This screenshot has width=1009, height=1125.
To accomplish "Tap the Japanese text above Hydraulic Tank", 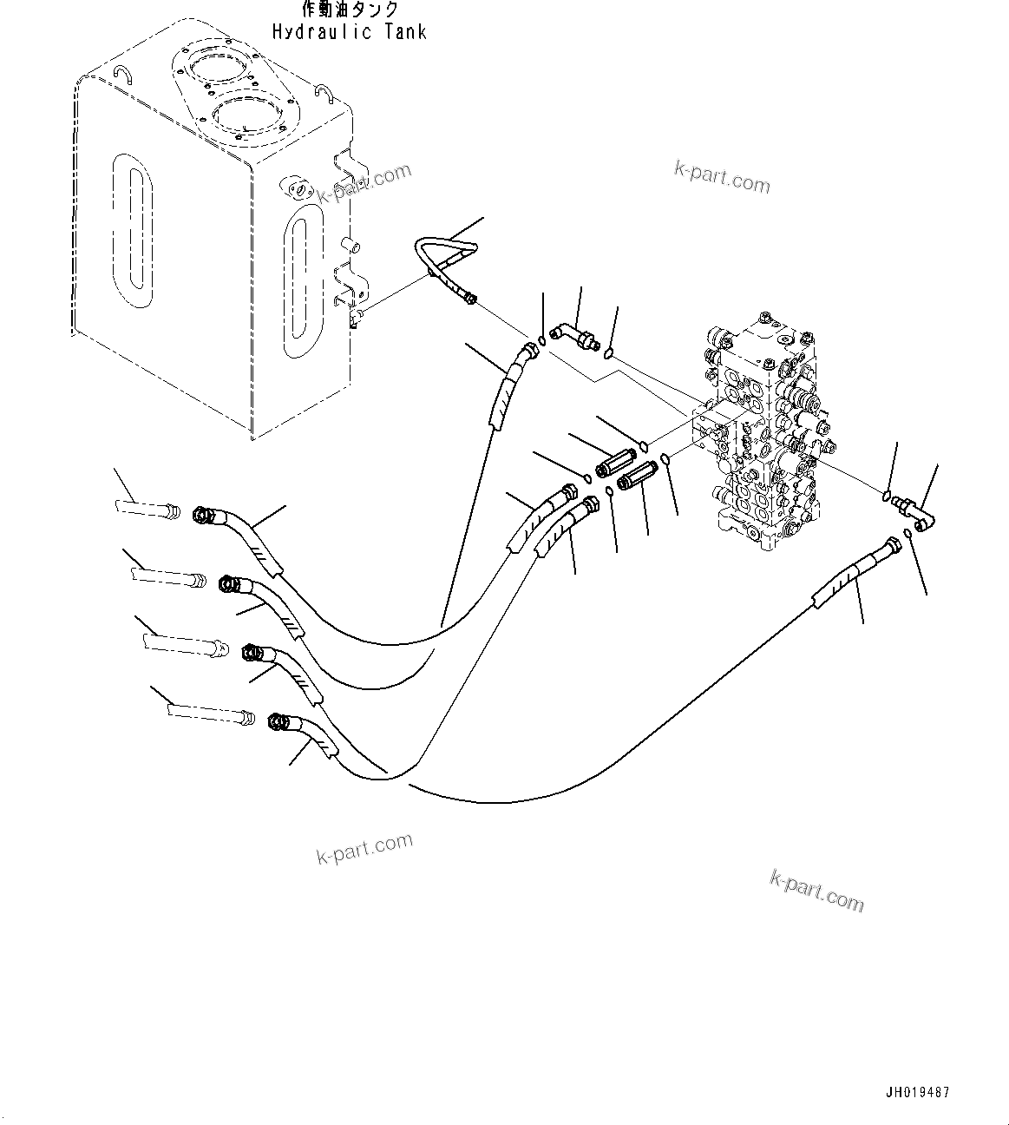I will pos(350,10).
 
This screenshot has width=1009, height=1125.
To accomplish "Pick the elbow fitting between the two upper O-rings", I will pos(576,335).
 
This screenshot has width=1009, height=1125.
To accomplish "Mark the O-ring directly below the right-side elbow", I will pos(907,532).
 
